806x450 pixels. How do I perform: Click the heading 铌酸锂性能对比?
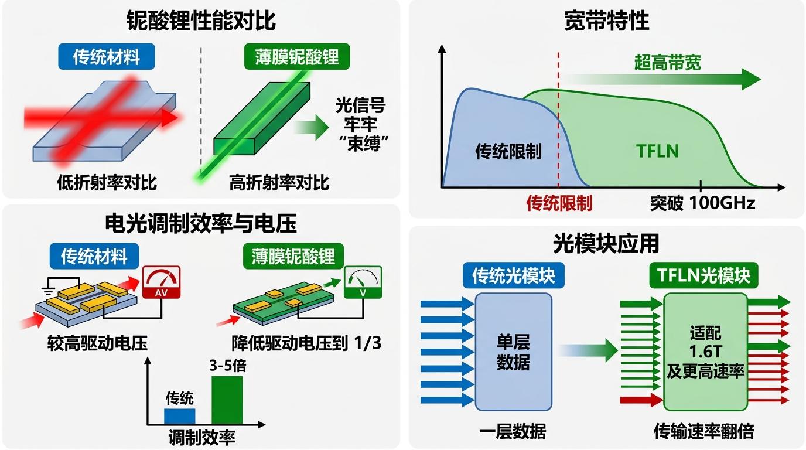click(x=201, y=22)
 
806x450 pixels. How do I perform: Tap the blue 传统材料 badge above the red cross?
click(x=106, y=57)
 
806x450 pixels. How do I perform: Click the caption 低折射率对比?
click(x=107, y=182)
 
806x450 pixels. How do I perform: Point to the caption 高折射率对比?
click(x=279, y=182)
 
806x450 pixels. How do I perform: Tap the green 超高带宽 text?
click(x=667, y=62)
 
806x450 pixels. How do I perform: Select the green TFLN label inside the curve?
click(x=657, y=151)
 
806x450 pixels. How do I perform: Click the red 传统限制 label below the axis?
click(x=559, y=203)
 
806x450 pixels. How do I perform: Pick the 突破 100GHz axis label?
click(x=702, y=203)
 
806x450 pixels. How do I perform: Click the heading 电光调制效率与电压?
click(x=201, y=223)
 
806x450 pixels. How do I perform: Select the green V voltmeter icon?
click(x=363, y=283)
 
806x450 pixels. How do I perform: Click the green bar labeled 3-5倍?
click(x=227, y=400)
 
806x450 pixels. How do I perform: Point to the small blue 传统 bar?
click(x=179, y=416)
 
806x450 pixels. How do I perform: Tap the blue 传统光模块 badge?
click(x=513, y=276)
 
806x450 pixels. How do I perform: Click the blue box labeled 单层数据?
click(x=513, y=352)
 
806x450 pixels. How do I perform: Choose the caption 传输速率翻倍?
click(x=703, y=432)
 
